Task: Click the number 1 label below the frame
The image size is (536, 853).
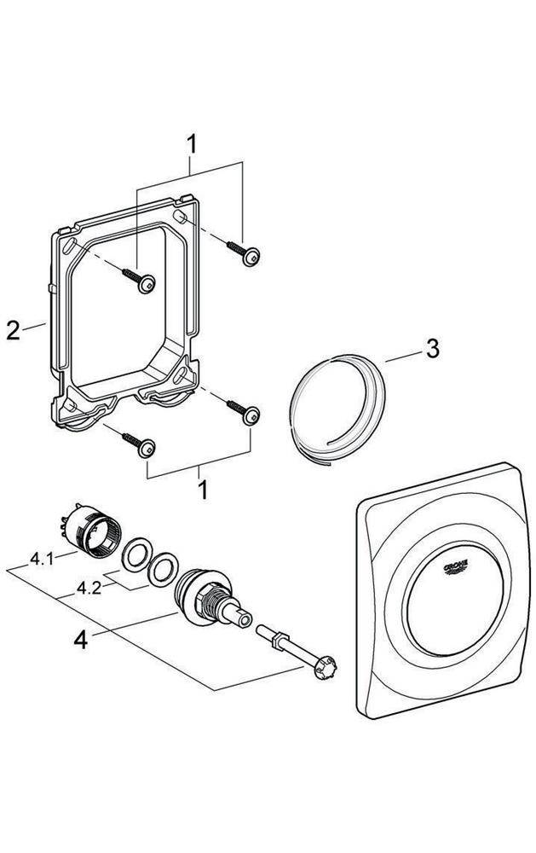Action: pyautogui.click(x=203, y=490)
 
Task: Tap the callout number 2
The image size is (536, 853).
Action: pyautogui.click(x=12, y=330)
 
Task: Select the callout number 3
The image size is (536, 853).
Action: pyautogui.click(x=432, y=348)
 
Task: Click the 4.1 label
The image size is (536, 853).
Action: pyautogui.click(x=41, y=560)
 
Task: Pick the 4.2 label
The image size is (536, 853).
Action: pyautogui.click(x=88, y=588)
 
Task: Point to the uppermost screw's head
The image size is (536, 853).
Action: pyautogui.click(x=251, y=257)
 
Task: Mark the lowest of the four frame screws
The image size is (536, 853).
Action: pyautogui.click(x=149, y=446)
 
